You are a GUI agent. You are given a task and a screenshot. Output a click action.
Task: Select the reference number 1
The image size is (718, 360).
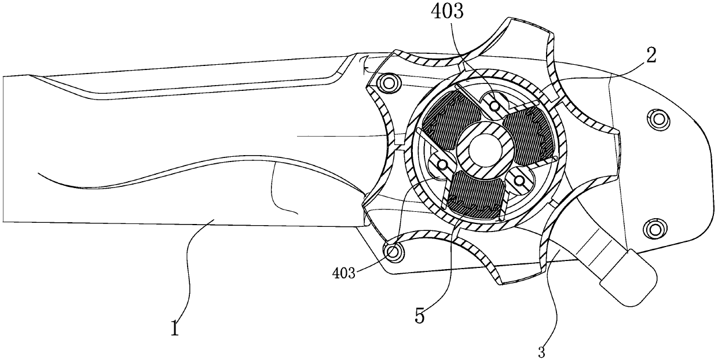pyautogui.click(x=175, y=329)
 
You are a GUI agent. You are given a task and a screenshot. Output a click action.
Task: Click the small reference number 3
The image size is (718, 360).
pyautogui.click(x=542, y=350)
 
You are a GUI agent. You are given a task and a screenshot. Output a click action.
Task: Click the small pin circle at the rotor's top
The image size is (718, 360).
pyautogui.click(x=494, y=105)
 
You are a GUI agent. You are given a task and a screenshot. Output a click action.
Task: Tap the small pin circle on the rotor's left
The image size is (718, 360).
pyautogui.click(x=442, y=165)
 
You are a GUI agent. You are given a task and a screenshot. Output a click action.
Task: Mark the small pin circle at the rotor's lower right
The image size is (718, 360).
pyautogui.click(x=519, y=182)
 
